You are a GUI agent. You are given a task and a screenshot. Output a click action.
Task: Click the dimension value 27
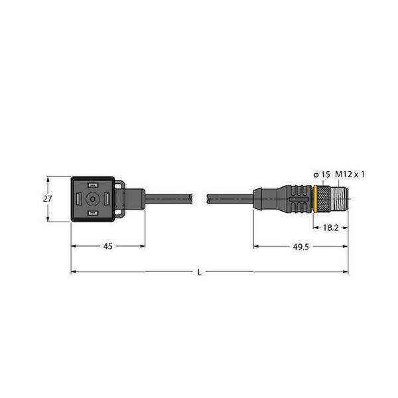click(48, 198)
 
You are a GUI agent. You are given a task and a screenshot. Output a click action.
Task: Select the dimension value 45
click(107, 246)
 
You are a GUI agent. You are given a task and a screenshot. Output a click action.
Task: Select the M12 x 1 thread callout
click(351, 174)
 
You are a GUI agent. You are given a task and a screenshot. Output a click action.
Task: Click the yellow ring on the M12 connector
click(314, 198)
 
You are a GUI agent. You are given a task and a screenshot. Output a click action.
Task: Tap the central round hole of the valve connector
click(93, 198)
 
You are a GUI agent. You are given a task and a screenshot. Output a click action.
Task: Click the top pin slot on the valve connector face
click(93, 184)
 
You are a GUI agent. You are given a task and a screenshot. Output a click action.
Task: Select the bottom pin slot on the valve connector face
click(93, 212)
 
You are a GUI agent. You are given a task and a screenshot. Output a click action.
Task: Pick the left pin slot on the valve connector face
click(79, 198)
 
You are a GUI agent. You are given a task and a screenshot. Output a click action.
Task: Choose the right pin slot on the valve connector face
click(107, 198)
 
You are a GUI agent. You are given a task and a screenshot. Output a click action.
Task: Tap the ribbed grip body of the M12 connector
click(295, 198)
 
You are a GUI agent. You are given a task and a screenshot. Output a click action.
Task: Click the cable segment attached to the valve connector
click(169, 198)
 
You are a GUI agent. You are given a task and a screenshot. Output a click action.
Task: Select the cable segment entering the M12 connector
click(229, 198)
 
